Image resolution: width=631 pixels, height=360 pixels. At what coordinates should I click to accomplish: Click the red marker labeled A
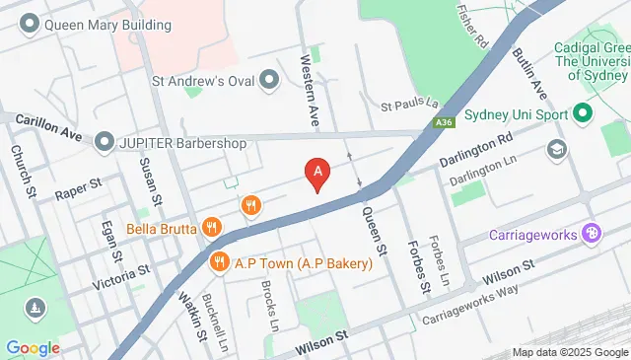[x=317, y=175]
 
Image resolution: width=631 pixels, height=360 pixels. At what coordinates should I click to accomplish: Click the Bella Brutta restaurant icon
[x=210, y=228]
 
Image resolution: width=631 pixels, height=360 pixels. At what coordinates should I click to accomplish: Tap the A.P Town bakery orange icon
[x=219, y=262]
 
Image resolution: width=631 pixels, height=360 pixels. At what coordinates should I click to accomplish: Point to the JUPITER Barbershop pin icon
[x=105, y=143]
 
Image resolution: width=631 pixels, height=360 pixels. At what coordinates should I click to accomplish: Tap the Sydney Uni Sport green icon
[x=583, y=113]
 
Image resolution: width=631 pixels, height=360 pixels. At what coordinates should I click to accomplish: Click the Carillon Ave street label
[x=47, y=127]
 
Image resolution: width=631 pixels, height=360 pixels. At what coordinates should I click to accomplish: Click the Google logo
[x=33, y=347]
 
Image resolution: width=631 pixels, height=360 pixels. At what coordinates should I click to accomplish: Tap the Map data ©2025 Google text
[x=570, y=352]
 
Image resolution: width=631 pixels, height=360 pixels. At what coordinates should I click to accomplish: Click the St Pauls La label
[x=408, y=104]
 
